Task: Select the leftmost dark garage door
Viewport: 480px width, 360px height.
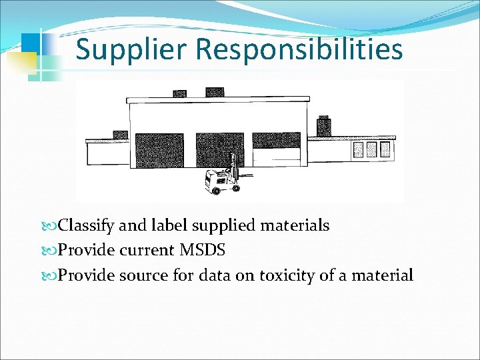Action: coord(159,150)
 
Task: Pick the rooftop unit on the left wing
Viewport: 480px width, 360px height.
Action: coord(120,135)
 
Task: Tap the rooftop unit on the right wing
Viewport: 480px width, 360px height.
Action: coord(324,126)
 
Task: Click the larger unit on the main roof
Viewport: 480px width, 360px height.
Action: coord(215,91)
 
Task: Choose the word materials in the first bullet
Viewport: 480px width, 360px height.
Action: coord(293,226)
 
